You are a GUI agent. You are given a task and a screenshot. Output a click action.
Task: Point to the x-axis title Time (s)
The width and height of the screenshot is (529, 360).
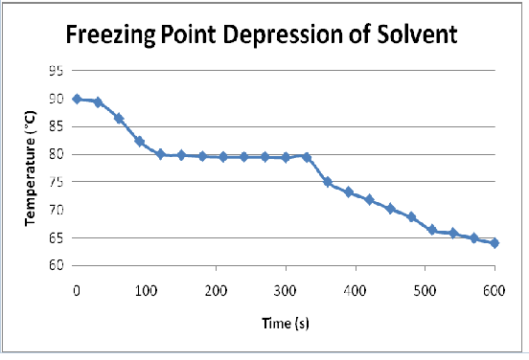click(285, 323)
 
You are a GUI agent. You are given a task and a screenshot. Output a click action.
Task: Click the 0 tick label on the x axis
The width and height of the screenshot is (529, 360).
click(77, 289)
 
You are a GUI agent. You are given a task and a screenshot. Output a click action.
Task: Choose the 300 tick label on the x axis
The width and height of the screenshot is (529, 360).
click(286, 289)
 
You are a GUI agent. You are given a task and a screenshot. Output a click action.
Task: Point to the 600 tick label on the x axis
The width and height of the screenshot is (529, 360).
click(494, 289)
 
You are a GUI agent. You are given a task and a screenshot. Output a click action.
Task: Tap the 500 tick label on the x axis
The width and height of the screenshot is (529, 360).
click(425, 289)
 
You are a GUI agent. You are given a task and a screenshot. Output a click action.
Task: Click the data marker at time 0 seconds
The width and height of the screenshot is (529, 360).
click(77, 99)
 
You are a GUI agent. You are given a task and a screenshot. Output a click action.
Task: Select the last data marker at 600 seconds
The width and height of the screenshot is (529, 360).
click(494, 243)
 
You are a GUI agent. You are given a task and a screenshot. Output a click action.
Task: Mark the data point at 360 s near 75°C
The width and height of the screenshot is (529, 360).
click(328, 182)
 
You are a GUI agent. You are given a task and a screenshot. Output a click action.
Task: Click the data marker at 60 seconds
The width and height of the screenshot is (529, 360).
click(119, 119)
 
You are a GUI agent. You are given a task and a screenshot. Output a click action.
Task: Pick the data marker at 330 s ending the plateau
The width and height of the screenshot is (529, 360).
click(307, 157)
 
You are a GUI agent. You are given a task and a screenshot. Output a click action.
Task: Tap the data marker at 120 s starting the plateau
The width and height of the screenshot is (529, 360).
click(160, 154)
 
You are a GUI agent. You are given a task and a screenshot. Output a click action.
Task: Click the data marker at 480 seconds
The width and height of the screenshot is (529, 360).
click(411, 217)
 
